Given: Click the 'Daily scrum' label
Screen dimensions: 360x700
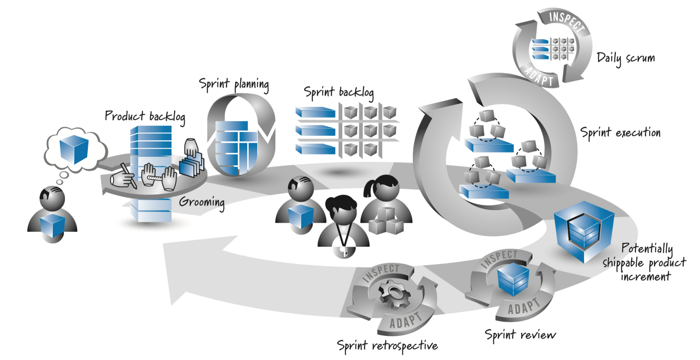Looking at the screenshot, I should tap(626, 59).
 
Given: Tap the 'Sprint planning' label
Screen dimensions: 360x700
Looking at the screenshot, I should tap(234, 85).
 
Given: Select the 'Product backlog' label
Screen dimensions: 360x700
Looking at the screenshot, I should tap(145, 117).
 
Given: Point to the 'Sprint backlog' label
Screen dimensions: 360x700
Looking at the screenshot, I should tap(338, 93).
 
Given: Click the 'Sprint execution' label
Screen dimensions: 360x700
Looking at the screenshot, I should tap(620, 133).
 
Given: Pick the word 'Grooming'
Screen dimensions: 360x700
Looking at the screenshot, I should tap(202, 202).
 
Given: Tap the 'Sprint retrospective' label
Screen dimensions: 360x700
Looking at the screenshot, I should tap(387, 345).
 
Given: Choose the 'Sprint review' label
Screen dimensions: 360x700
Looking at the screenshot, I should tap(520, 335).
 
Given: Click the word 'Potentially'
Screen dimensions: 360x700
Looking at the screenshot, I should tap(647, 248).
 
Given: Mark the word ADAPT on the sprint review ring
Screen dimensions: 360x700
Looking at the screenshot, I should tap(523, 307).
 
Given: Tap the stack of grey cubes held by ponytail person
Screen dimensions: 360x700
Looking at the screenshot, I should tap(386, 221).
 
